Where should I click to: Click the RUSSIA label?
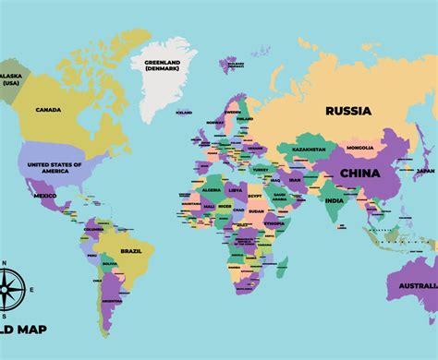tap(348, 111)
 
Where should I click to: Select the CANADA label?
tap(48, 111)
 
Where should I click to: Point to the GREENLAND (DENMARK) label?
tap(164, 66)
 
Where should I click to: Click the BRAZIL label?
tap(131, 251)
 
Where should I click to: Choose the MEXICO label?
tap(45, 196)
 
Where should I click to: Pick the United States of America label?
tap(55, 167)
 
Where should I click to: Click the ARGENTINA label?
tap(112, 301)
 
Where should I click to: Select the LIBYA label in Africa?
tap(235, 190)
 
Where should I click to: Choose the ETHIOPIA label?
tap(274, 222)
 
